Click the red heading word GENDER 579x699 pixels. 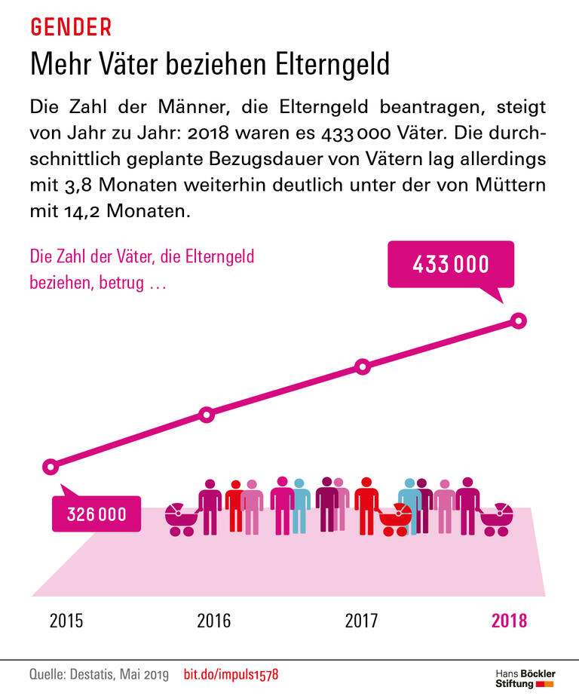71,27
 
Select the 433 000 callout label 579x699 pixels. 451,265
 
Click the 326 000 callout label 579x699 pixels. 96,514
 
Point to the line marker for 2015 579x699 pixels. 51,467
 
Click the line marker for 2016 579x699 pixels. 206,415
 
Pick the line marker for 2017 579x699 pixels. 362,367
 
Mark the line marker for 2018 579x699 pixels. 518,320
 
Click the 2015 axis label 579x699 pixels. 66,621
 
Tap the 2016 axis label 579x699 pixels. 214,621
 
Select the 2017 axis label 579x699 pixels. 362,621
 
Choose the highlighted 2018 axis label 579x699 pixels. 510,621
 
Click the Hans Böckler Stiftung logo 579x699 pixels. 525,678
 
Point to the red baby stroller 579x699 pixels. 395,519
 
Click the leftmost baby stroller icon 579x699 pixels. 182,519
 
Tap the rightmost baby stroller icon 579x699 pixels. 497,519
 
